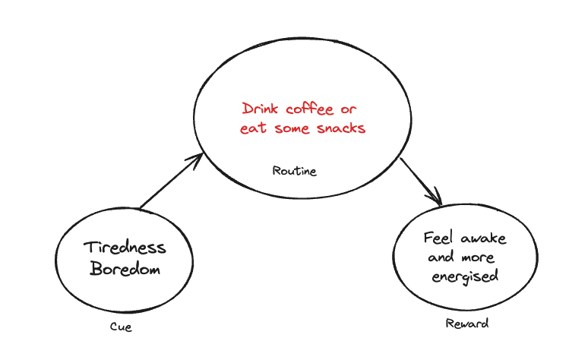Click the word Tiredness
[125, 248]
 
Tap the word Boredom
[125, 269]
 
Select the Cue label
[122, 328]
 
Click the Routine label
[294, 171]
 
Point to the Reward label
[466, 324]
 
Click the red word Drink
[263, 109]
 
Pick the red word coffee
[312, 109]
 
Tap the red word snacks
[342, 128]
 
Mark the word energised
[465, 276]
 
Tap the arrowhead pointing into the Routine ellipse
[197, 159]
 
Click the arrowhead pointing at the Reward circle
[435, 199]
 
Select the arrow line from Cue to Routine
[169, 182]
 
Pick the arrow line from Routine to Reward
[418, 179]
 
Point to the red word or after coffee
[349, 109]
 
